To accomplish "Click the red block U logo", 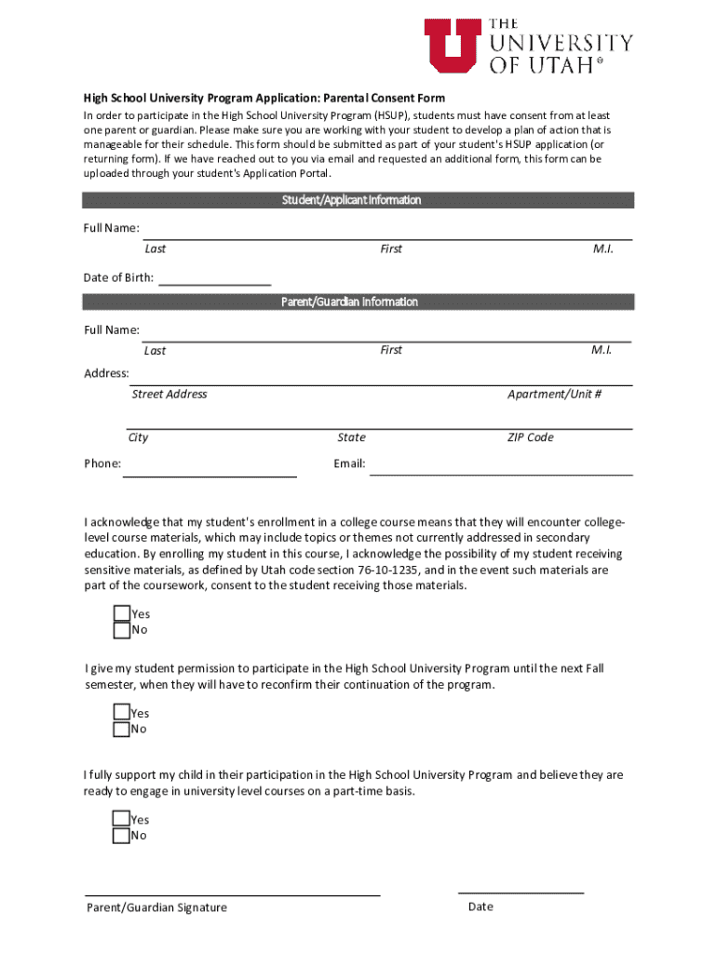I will [x=453, y=46].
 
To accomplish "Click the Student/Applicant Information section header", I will [x=358, y=200].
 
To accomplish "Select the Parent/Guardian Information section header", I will [x=358, y=302].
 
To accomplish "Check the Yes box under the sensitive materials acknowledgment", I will [x=121, y=613].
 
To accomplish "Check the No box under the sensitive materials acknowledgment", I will [x=121, y=630].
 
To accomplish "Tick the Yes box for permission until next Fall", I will [x=121, y=713].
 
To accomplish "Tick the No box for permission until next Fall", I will [x=121, y=730].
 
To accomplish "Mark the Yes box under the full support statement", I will [x=121, y=819].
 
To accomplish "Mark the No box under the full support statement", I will [x=121, y=836].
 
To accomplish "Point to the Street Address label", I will [x=169, y=395].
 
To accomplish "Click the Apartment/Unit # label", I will [x=554, y=395].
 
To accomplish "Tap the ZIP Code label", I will [x=530, y=437].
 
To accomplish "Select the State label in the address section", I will [x=351, y=437].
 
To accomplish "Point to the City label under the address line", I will [x=138, y=437].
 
